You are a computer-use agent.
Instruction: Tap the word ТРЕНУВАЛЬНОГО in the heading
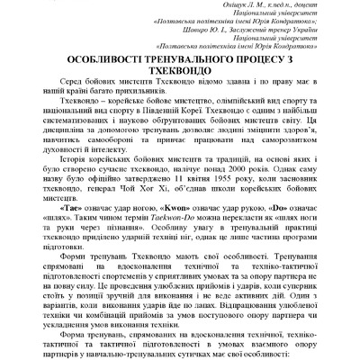coord(186,59)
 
